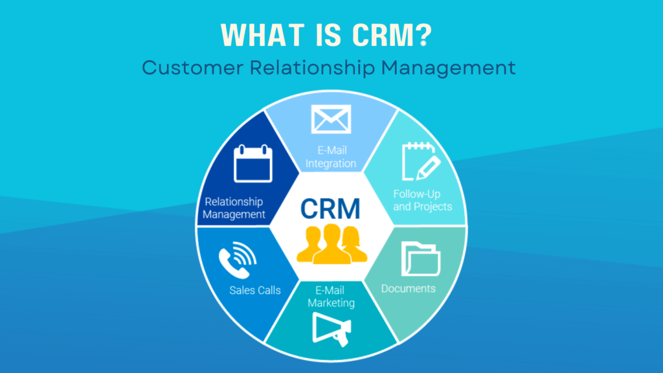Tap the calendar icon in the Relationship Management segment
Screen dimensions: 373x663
pos(254,163)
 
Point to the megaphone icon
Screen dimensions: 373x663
pos(331,329)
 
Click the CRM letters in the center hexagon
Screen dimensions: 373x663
pos(331,209)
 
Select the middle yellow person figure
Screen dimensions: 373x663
pos(331,243)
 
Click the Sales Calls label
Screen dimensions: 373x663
pos(255,290)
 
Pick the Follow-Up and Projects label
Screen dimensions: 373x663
pos(422,200)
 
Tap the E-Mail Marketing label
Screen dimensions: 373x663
pos(331,297)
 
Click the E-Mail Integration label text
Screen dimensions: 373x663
pos(331,156)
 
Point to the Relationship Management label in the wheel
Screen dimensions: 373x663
pos(234,207)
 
